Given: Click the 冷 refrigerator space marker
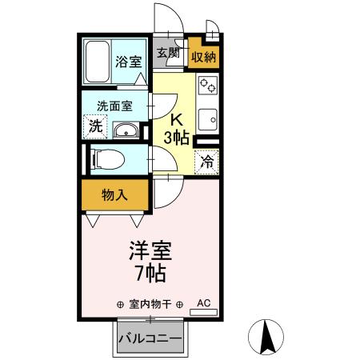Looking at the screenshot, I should coord(207,162).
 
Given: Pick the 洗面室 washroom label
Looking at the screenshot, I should coord(114,105).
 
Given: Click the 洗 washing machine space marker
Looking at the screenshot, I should coord(95,126).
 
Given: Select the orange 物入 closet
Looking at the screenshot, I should coord(115,194).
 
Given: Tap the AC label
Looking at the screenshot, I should coord(203,303).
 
